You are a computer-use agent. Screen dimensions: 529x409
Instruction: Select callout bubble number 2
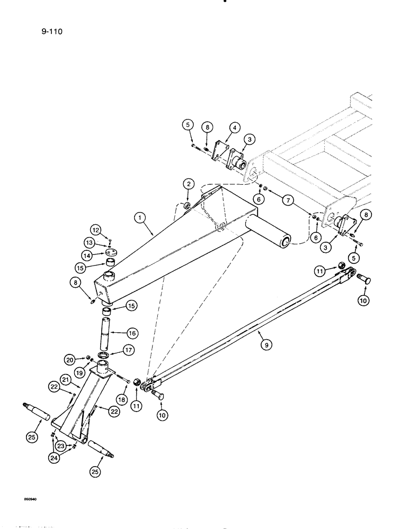188,184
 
